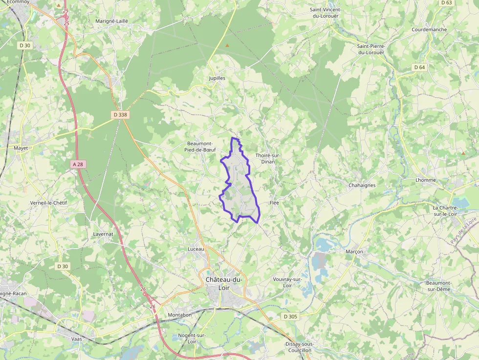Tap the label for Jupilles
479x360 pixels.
pyautogui.click(x=217, y=78)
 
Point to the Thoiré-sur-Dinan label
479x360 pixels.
pyautogui.click(x=268, y=158)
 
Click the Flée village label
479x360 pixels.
pyautogui.click(x=274, y=202)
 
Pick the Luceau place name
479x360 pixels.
pyautogui.click(x=196, y=249)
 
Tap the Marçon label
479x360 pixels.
pyautogui.click(x=354, y=252)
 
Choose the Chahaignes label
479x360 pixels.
pyautogui.click(x=362, y=186)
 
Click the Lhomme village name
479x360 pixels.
pyautogui.click(x=425, y=180)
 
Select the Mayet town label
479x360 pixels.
pyautogui.click(x=21, y=148)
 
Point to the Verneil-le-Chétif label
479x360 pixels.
pyautogui.click(x=48, y=203)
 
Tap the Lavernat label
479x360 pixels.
pyautogui.click(x=103, y=234)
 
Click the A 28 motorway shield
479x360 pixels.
pyautogui.click(x=78, y=165)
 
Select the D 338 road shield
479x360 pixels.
pyautogui.click(x=120, y=115)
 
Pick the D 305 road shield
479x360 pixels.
pyautogui.click(x=290, y=317)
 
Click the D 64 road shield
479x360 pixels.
pyautogui.click(x=419, y=67)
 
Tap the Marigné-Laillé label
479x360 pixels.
pyautogui.click(x=111, y=21)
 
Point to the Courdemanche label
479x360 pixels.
pyautogui.click(x=429, y=30)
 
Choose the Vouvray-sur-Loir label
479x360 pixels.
pyautogui.click(x=287, y=282)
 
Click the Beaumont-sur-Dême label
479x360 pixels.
pyautogui.click(x=438, y=286)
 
